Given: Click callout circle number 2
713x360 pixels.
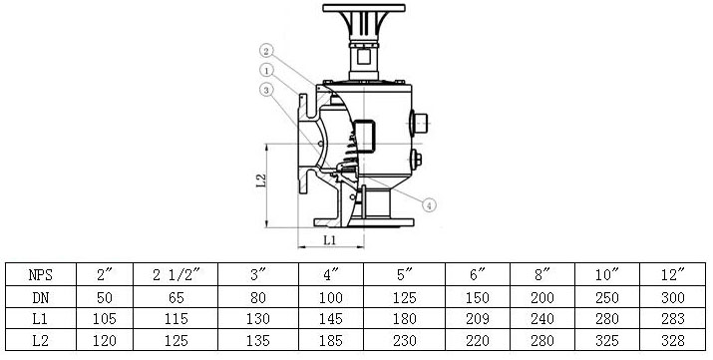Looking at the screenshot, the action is point(267,51).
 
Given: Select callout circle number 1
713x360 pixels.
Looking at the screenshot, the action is point(266,70).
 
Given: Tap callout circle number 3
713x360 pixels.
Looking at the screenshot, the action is point(266,90).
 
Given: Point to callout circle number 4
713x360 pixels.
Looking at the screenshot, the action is point(429,205).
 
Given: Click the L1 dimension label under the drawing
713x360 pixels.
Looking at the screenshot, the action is point(330,240).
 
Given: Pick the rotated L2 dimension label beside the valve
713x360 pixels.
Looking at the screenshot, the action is point(260,180).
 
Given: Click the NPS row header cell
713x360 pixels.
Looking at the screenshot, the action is point(41,274).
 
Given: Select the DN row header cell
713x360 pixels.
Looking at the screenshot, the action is point(41,298).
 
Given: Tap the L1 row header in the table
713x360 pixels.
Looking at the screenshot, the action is point(41,319).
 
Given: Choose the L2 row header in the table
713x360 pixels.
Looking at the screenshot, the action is point(41,340).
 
